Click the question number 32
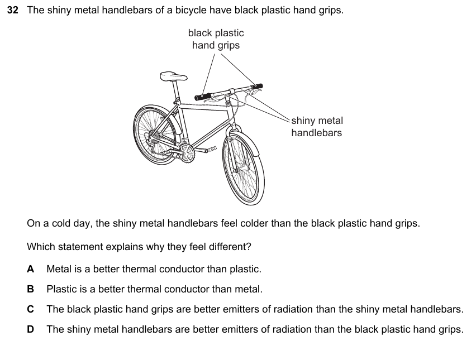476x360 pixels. coord(13,10)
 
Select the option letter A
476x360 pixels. coord(30,269)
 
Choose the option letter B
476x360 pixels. coord(30,289)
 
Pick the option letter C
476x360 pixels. coord(30,309)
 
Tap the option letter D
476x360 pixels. coord(30,329)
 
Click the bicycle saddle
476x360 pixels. coord(173,76)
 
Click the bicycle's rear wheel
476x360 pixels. coord(155,135)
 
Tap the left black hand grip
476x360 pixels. coord(202,97)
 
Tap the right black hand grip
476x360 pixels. coord(257,87)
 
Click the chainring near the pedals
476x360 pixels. coord(186,153)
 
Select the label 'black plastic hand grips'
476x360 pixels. coord(216,39)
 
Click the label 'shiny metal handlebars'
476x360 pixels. coord(317,127)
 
